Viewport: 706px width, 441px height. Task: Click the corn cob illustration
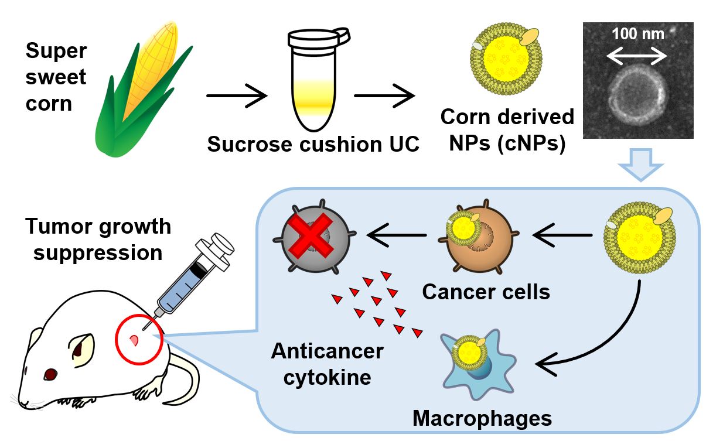tap(144, 88)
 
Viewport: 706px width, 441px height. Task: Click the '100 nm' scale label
tap(638, 34)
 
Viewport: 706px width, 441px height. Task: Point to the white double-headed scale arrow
tap(637, 56)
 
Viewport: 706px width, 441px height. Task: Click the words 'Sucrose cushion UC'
tap(313, 144)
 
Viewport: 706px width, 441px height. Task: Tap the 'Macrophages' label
tap(482, 418)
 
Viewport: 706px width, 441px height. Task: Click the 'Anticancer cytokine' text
tap(327, 363)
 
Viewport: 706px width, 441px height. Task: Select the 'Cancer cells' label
tap(486, 291)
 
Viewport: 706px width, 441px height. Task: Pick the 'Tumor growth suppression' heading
tap(97, 240)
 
